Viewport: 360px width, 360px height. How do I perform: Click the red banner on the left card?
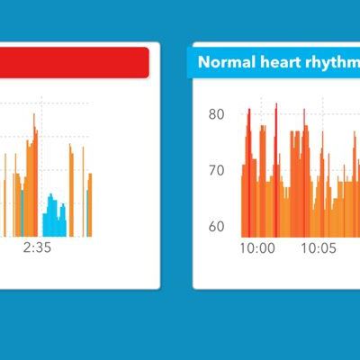point(72,62)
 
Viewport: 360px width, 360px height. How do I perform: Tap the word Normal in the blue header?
point(221,62)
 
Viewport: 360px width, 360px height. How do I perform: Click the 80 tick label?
point(216,114)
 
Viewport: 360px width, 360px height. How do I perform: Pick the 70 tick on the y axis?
point(216,170)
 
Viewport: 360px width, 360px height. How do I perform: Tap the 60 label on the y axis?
point(216,226)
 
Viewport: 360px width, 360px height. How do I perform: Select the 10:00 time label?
point(258,247)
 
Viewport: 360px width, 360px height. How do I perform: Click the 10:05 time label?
point(317,247)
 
